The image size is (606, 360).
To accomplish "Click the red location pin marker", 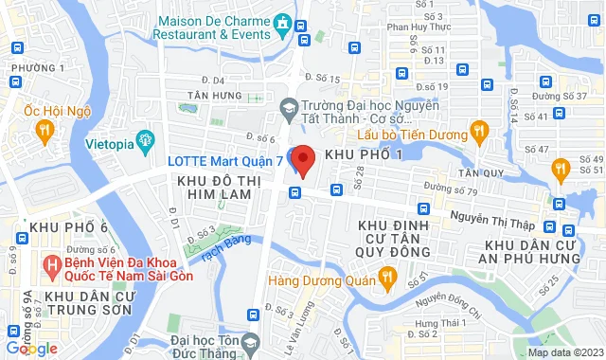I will coord(303,160).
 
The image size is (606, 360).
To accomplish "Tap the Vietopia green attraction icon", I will coord(145,143).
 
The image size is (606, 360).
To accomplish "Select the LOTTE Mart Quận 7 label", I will coord(225,160).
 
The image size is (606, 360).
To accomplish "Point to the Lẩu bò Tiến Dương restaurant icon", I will coord(479,130).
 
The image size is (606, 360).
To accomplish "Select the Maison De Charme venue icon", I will coord(281,22).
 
